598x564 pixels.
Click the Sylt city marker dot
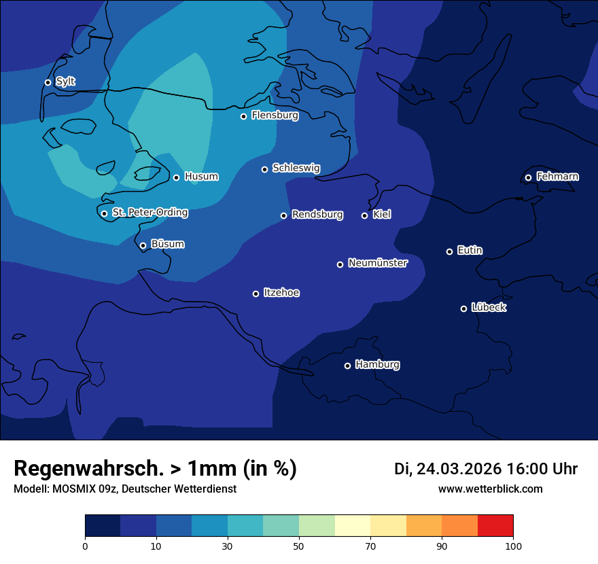[48, 82]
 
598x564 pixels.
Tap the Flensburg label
[275, 116]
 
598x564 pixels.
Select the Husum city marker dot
[176, 177]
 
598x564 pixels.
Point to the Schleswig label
[296, 168]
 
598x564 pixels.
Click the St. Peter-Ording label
[149, 213]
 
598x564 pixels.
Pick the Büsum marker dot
[143, 246]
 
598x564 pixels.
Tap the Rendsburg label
[317, 215]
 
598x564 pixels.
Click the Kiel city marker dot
[364, 215]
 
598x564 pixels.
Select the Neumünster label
[377, 263]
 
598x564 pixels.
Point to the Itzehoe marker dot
[256, 294]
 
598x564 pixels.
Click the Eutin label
[470, 251]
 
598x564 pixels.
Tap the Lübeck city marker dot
[463, 309]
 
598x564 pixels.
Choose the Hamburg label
[377, 365]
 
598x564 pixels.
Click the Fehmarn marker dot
[528, 178]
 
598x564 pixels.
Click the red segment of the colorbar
[495, 525]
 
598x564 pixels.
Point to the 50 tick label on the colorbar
[299, 546]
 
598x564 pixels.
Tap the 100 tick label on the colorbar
[513, 546]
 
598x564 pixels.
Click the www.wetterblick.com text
[490, 489]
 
